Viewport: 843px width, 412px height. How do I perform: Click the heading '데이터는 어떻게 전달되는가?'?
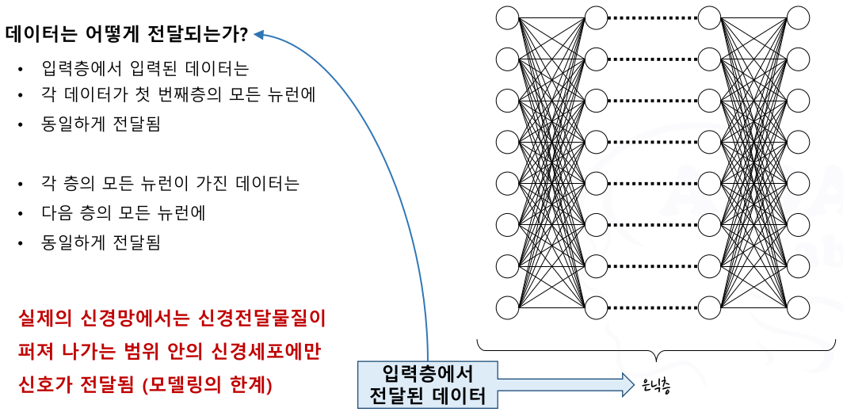(127, 34)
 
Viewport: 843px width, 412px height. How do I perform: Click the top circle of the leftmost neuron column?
(507, 17)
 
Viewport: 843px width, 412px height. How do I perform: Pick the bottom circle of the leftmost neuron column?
(507, 306)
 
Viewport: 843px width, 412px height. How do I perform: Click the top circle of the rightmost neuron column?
(799, 17)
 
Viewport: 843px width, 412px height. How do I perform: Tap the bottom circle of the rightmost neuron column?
(799, 306)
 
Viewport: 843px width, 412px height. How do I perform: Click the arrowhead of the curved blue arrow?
(259, 34)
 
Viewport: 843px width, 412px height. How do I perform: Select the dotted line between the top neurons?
(653, 17)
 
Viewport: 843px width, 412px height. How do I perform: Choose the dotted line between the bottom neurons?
(653, 306)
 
